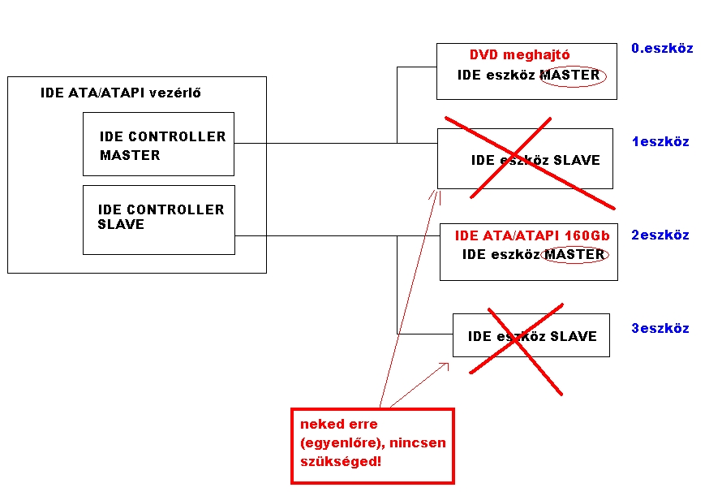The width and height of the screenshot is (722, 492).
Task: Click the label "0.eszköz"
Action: pos(662,49)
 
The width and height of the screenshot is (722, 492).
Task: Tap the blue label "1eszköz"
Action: pos(660,142)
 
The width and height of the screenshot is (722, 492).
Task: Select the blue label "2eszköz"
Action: pos(660,235)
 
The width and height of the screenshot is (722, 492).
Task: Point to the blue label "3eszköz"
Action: pos(660,329)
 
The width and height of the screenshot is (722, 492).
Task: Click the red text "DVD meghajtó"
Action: pos(519,55)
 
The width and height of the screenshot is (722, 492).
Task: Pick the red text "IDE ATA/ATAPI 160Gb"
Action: pos(531,236)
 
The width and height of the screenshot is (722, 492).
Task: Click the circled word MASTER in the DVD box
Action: pos(570,76)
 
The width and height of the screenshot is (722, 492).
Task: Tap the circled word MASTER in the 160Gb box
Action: pos(574,255)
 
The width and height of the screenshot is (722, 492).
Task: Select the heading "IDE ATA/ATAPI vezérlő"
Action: pos(121,93)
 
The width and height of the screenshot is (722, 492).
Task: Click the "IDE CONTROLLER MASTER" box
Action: pos(158,145)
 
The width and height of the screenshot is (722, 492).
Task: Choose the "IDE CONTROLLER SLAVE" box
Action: pos(159,219)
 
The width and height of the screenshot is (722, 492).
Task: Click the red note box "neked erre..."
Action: pos(372,446)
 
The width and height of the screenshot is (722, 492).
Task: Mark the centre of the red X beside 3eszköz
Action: pos(516,340)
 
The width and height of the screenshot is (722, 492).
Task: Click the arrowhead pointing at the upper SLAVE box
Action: pos(436,192)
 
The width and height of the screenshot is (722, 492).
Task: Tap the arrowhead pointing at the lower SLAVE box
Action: pos(446,365)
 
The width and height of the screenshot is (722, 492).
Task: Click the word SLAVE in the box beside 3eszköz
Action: pos(574,337)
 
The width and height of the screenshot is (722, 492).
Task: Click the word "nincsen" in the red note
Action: pos(418,443)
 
